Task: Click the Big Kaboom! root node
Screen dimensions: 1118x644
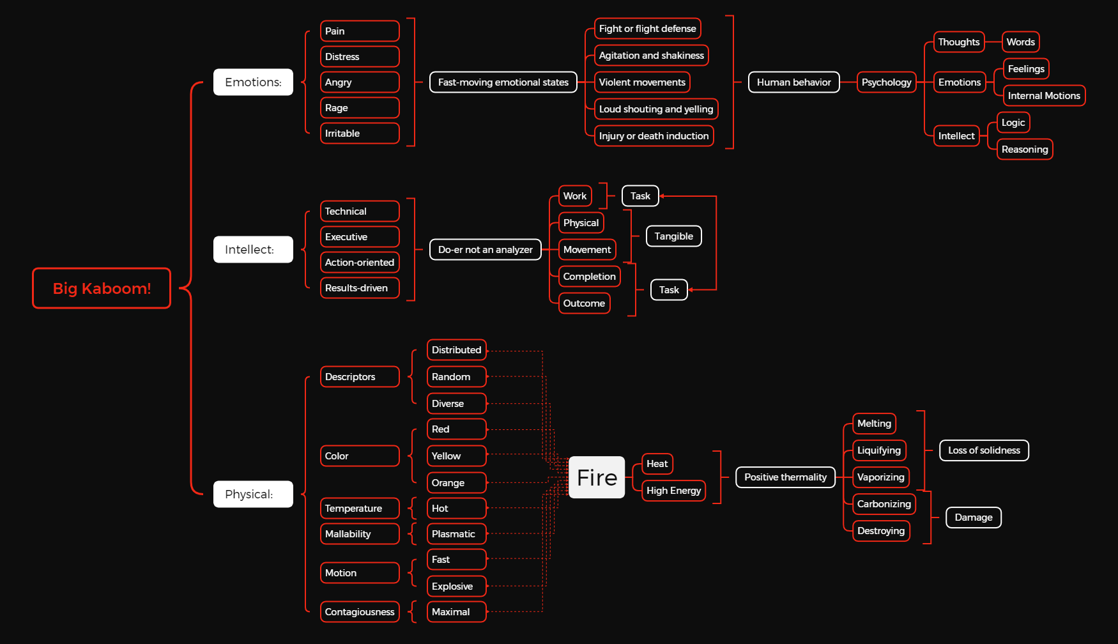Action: pyautogui.click(x=102, y=288)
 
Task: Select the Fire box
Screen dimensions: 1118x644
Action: pyautogui.click(x=597, y=477)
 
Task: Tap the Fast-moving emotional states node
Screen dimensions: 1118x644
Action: pyautogui.click(x=503, y=82)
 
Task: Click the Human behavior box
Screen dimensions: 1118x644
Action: pyautogui.click(x=793, y=82)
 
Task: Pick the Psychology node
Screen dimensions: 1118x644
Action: pyautogui.click(x=886, y=82)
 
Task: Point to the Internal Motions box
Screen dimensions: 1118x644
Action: pyautogui.click(x=1043, y=96)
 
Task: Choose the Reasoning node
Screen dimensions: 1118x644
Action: pyautogui.click(x=1024, y=149)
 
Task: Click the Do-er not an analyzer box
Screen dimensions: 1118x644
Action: pyautogui.click(x=485, y=250)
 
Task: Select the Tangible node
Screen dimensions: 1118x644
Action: pyautogui.click(x=673, y=236)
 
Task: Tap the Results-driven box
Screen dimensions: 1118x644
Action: pyautogui.click(x=359, y=288)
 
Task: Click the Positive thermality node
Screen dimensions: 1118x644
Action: pyautogui.click(x=785, y=477)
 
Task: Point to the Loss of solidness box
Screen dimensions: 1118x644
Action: pyautogui.click(x=984, y=450)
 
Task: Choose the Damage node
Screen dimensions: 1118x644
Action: pyautogui.click(x=973, y=517)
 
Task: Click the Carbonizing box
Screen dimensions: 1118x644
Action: pyautogui.click(x=884, y=504)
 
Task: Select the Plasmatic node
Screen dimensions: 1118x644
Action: pyautogui.click(x=456, y=534)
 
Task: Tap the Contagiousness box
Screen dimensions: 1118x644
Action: pyautogui.click(x=359, y=612)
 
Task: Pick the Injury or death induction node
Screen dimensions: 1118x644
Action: pyautogui.click(x=654, y=136)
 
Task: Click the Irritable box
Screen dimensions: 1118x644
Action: pyautogui.click(x=359, y=134)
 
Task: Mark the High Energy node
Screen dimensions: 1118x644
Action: pyautogui.click(x=673, y=491)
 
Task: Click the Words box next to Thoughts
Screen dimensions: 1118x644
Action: pyautogui.click(x=1020, y=42)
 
